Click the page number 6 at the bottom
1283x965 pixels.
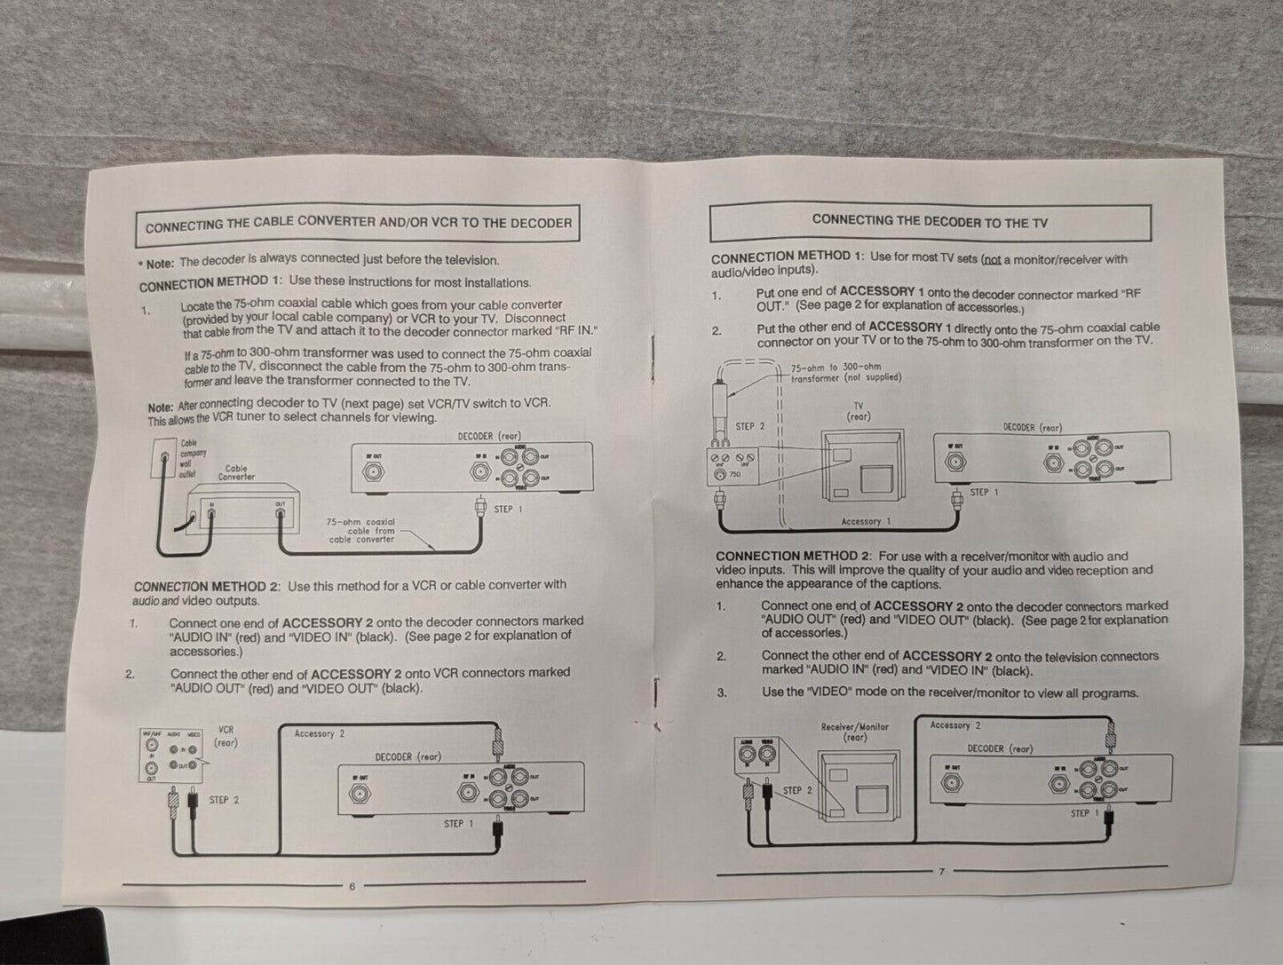352,885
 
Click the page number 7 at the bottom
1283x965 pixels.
941,871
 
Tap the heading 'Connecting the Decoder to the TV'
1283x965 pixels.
930,221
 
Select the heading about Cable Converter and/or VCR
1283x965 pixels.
358,224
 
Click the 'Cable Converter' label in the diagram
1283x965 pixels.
236,472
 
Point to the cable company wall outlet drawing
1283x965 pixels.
165,460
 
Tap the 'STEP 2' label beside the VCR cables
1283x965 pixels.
224,800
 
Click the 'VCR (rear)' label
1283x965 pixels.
226,736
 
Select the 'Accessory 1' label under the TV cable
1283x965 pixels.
866,522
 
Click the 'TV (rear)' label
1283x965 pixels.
858,411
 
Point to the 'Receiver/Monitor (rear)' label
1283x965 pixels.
854,732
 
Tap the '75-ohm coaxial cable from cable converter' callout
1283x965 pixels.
360,530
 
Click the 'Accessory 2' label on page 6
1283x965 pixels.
320,733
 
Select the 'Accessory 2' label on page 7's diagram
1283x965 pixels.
955,725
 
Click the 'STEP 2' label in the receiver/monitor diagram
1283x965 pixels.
796,790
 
